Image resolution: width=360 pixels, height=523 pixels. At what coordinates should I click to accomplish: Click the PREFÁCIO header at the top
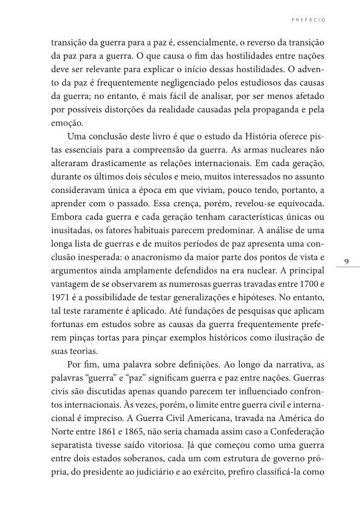[310, 19]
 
